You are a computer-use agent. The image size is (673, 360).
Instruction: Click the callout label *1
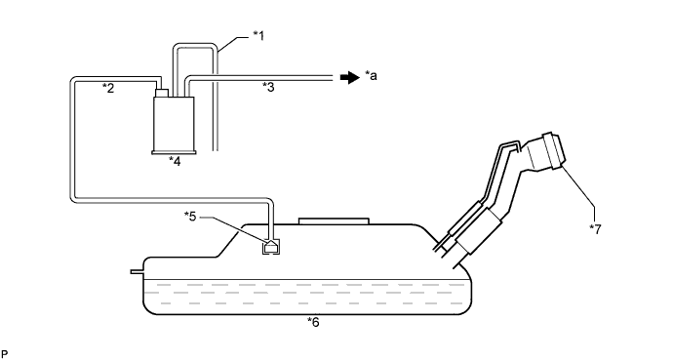click(x=258, y=36)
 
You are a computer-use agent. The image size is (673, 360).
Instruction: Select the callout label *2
click(x=108, y=89)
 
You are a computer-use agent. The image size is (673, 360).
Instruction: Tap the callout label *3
click(x=268, y=87)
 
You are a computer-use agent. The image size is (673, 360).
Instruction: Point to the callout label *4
click(x=175, y=161)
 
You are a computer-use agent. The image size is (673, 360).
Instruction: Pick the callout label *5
click(x=190, y=217)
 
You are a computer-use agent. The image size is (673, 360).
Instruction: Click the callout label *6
click(x=313, y=322)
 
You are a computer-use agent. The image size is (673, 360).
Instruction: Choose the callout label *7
click(x=595, y=229)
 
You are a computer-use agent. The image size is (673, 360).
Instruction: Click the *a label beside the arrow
click(x=371, y=76)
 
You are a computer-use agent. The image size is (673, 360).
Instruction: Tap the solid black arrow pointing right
click(x=350, y=77)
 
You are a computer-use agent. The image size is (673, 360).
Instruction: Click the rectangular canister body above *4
click(x=174, y=124)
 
